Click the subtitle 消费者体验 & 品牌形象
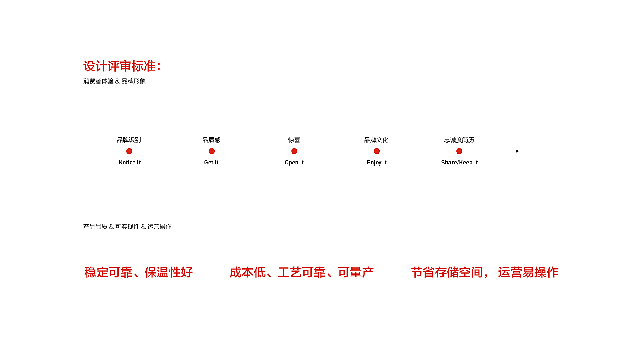114,81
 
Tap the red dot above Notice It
129,151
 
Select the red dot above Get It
211,151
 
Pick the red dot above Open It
294,151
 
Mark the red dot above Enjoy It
377,151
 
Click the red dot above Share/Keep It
459,151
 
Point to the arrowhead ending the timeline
517,151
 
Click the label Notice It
129,162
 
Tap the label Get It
211,162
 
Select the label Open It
294,163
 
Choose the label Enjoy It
377,163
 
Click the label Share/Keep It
459,163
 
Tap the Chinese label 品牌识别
129,140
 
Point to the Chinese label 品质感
211,140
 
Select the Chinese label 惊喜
294,140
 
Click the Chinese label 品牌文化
376,140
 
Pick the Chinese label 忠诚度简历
459,140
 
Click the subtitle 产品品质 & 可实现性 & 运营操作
127,227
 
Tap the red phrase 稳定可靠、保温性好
138,272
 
